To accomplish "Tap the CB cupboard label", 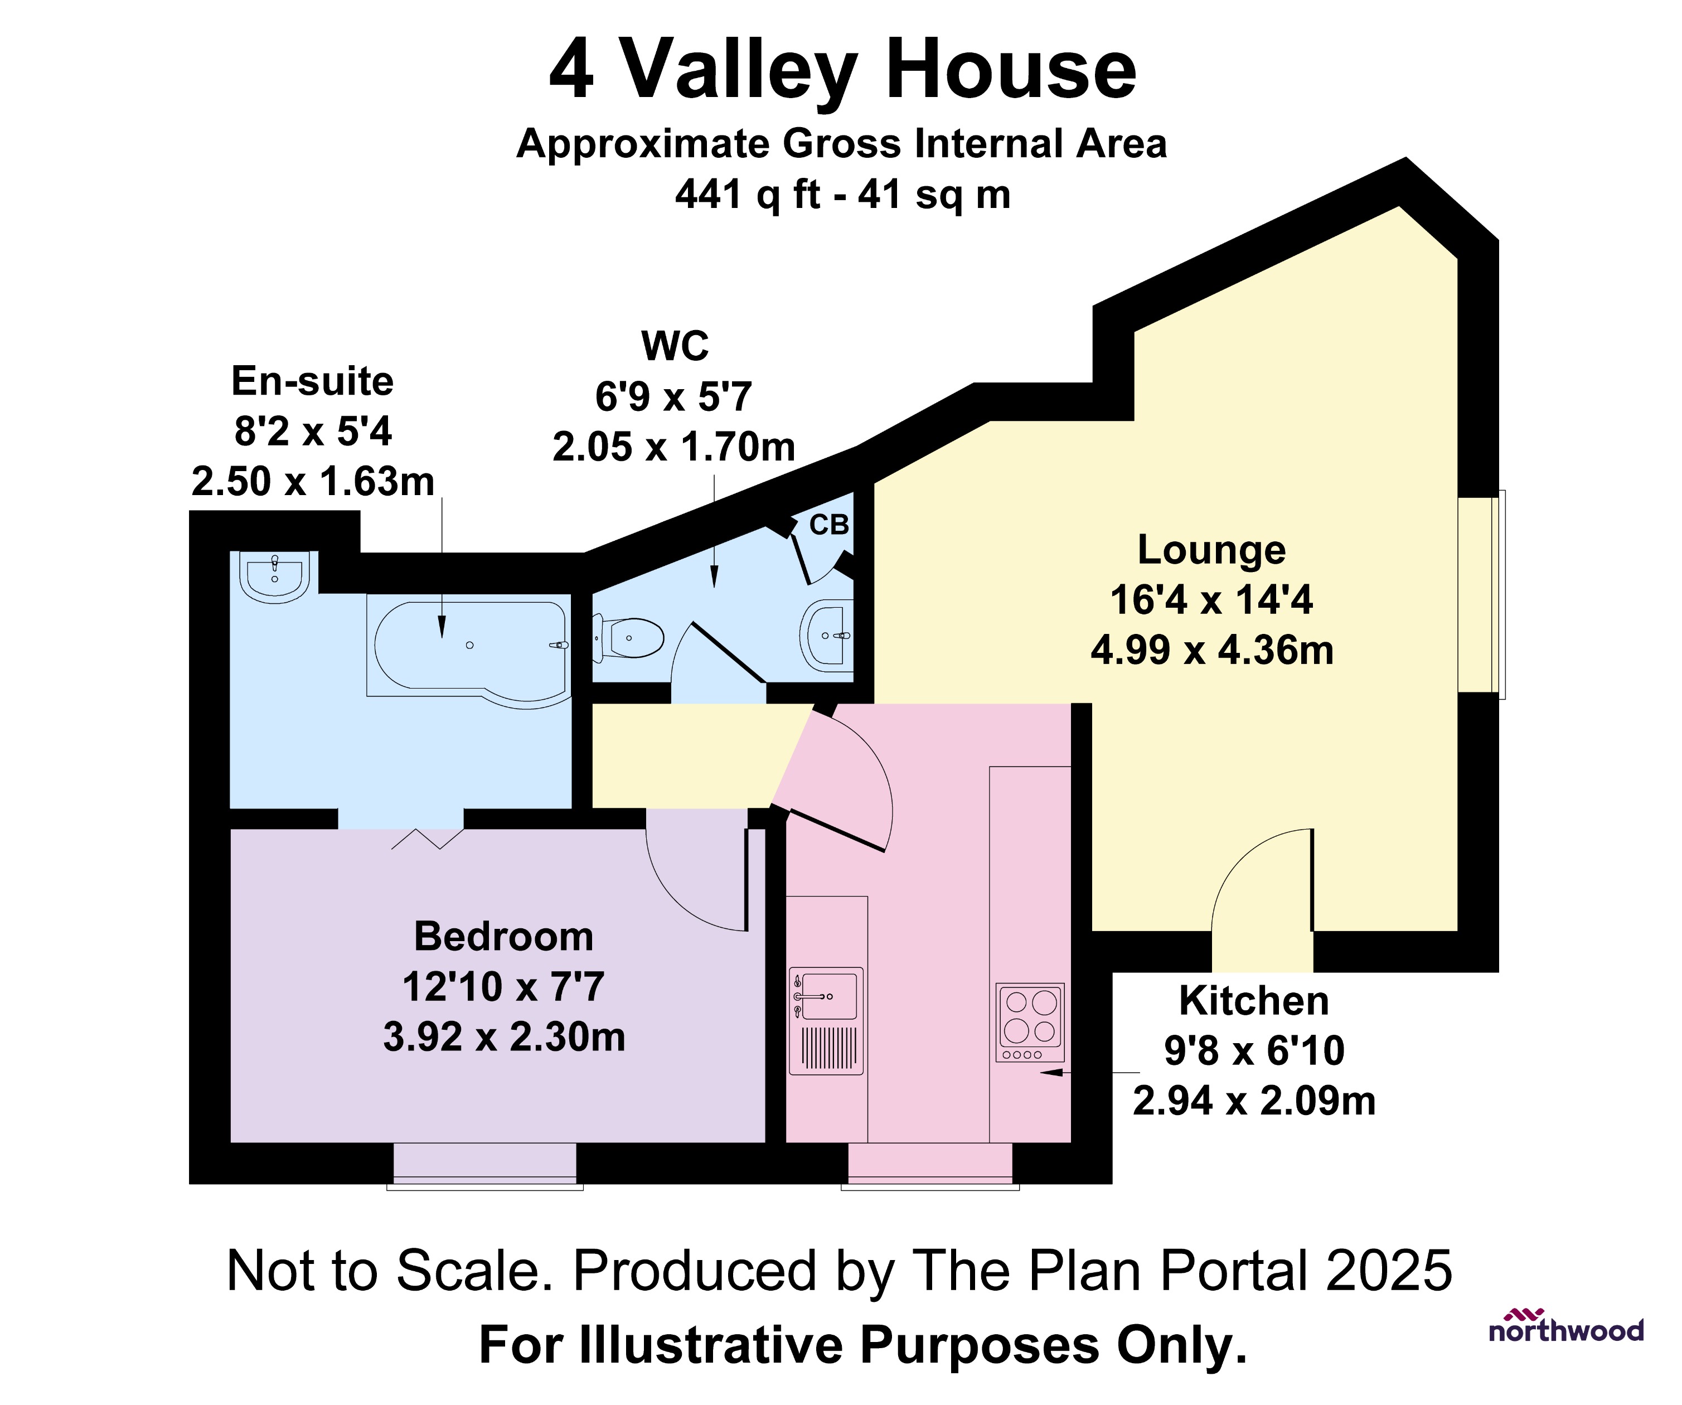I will (x=828, y=525).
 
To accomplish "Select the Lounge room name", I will (x=1211, y=550).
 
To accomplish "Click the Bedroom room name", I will (x=504, y=937).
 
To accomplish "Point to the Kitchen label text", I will (x=1253, y=1000).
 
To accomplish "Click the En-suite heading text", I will (x=312, y=381).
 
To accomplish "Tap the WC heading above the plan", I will (x=675, y=346).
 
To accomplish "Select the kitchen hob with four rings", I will (x=1030, y=1022).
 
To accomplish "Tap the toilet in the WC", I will (x=631, y=638).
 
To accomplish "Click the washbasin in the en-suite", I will (x=275, y=576).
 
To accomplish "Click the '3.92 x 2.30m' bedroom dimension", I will (x=504, y=1036).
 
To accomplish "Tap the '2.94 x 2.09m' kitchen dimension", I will (x=1253, y=1101).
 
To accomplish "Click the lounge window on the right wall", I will (x=1480, y=594).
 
